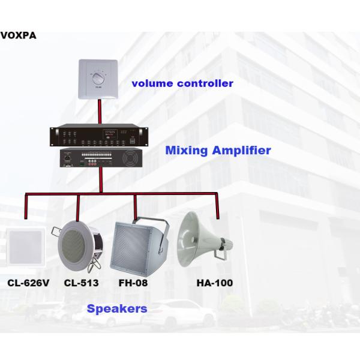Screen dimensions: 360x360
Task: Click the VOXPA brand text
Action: pos(19,35)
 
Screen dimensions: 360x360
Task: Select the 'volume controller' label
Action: pos(182,83)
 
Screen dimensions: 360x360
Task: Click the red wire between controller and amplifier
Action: pos(100,112)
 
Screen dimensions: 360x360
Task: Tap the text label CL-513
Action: pos(81,283)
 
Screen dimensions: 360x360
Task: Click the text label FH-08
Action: pos(134,283)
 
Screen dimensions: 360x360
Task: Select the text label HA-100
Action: pos(214,283)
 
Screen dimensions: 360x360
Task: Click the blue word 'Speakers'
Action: pos(116,309)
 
